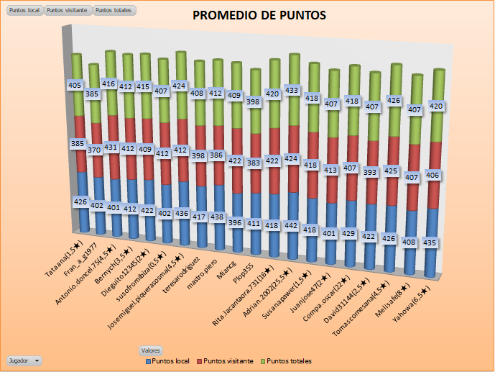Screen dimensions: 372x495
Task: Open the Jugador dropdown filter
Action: tap(24, 359)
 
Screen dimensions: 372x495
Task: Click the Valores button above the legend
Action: tap(150, 350)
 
